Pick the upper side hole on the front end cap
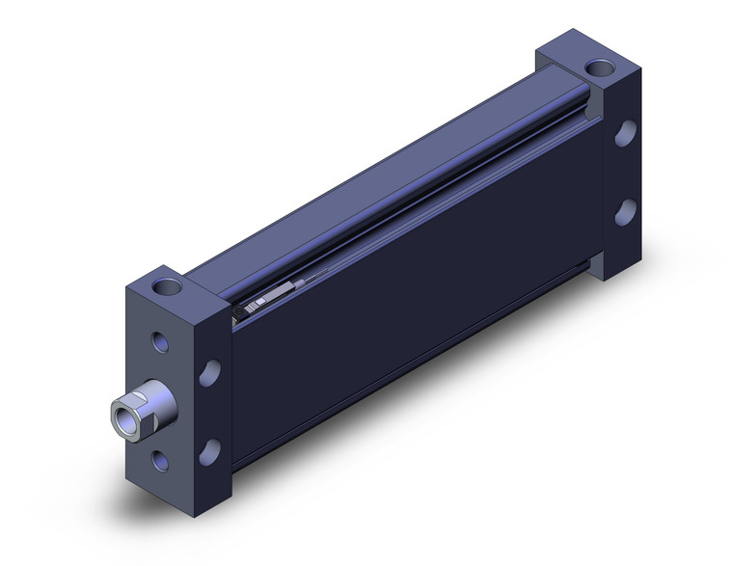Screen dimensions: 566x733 point(208,373)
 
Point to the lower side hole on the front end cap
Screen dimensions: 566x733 point(208,449)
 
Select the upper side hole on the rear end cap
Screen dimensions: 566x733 point(625,133)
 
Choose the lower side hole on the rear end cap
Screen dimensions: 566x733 point(625,210)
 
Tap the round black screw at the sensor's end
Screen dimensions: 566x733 point(239,310)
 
